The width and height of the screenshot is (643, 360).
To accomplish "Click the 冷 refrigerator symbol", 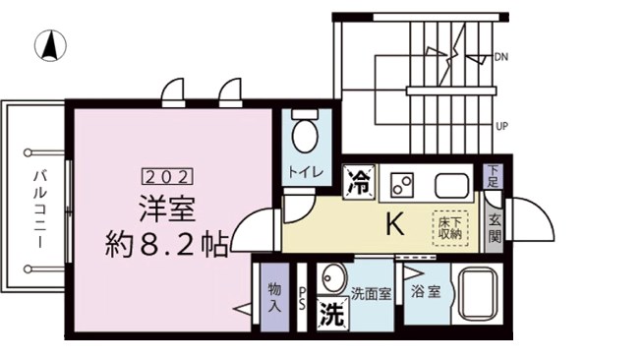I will [x=361, y=180].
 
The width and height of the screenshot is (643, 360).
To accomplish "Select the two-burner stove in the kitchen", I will [x=402, y=183].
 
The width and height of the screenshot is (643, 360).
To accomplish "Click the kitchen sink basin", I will [x=451, y=183].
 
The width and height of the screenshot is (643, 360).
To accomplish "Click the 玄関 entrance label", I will [x=495, y=228].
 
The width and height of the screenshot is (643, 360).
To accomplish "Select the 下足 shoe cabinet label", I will [x=494, y=176].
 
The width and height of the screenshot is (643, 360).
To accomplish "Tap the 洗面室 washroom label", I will [x=372, y=292].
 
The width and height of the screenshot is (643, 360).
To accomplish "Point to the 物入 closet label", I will [x=274, y=298].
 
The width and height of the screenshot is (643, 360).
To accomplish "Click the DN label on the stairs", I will [x=502, y=56].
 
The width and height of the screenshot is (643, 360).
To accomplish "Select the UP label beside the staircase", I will [x=502, y=127].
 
